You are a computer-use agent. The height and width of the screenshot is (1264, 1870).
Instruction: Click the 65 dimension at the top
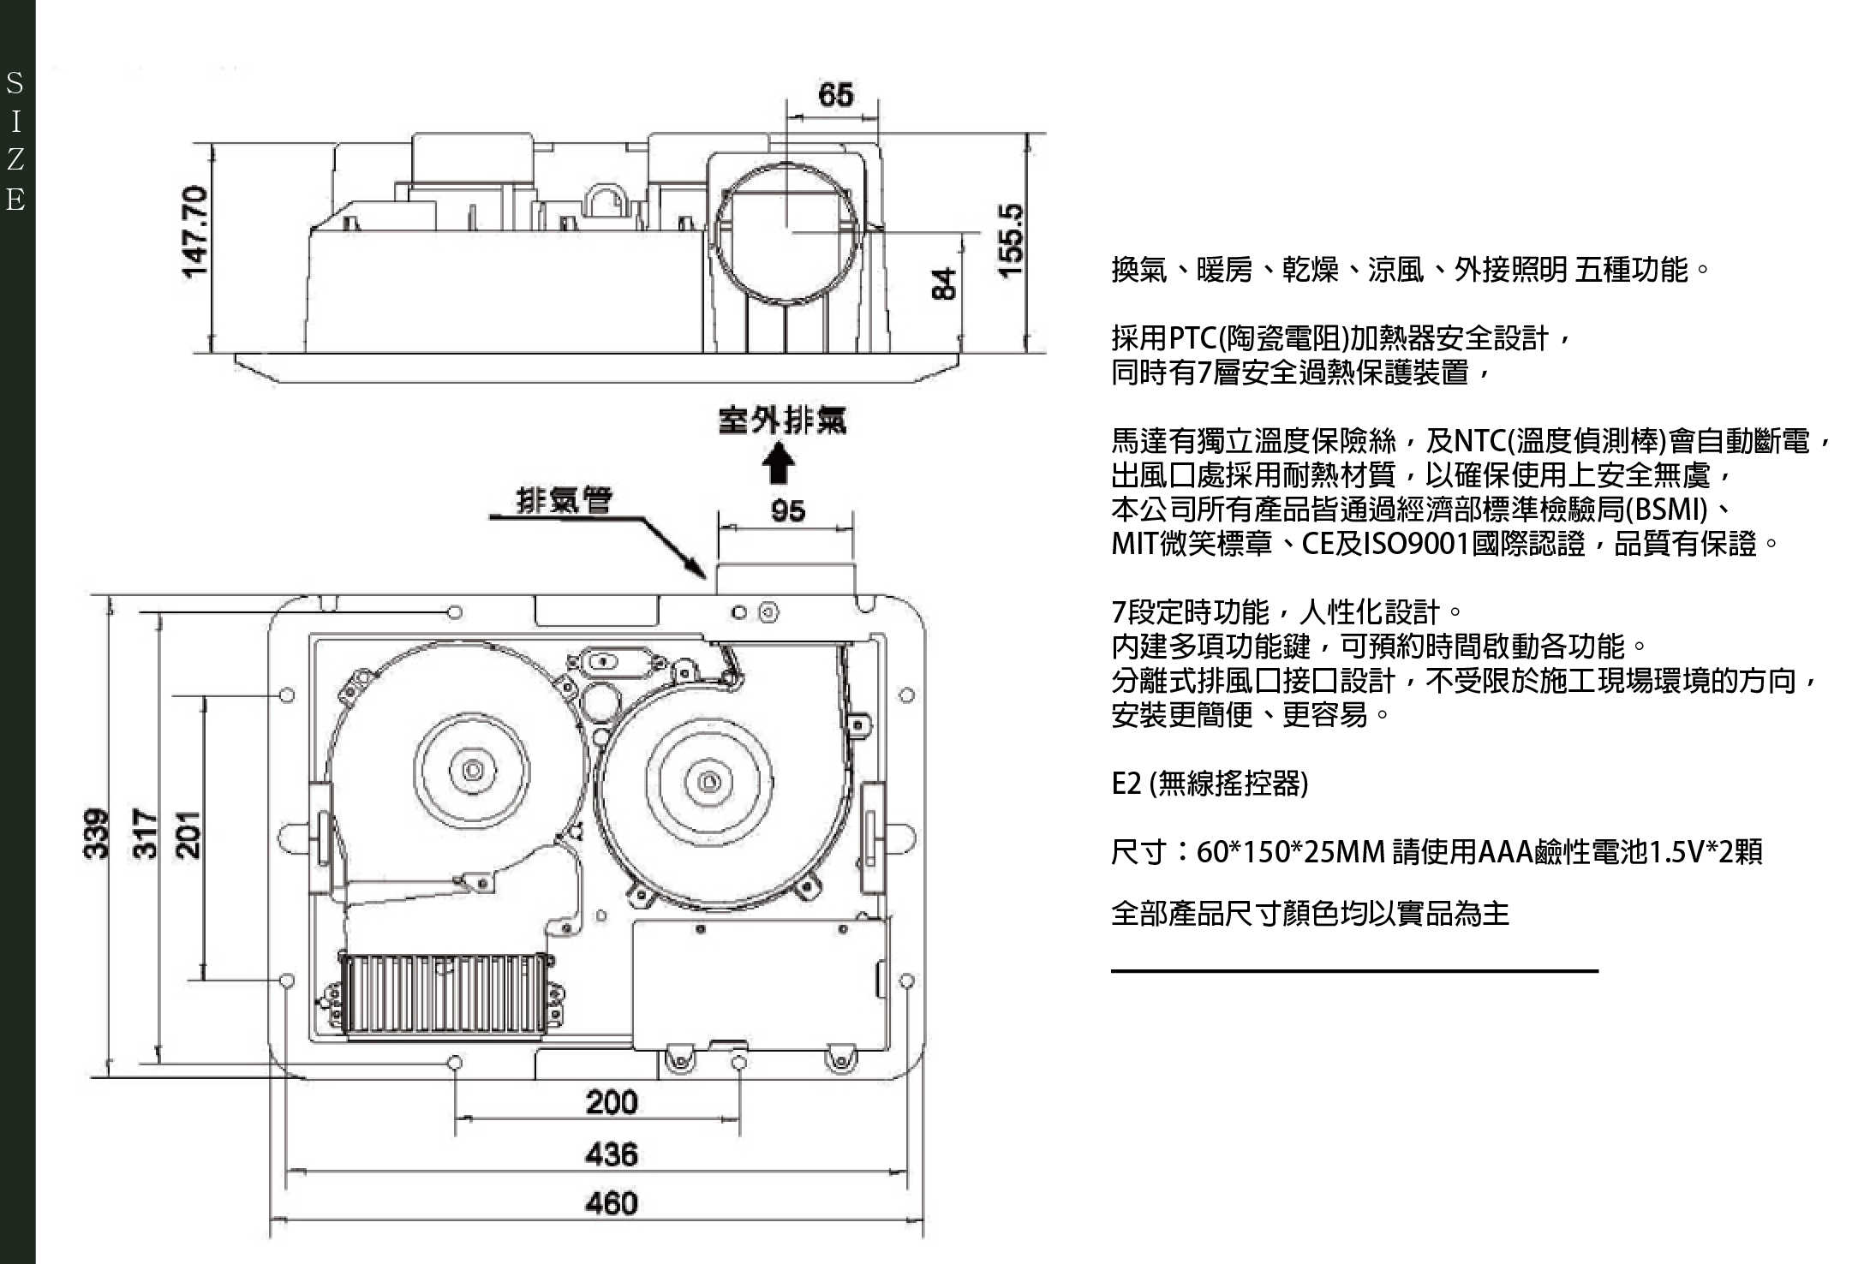coord(835,94)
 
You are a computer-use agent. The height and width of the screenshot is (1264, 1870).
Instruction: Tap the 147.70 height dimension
coord(196,231)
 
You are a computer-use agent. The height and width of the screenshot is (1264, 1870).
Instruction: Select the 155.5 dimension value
coord(1012,241)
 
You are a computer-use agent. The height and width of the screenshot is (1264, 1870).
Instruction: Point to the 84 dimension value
coord(943,283)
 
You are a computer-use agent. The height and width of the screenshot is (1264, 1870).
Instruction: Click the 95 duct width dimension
coord(787,511)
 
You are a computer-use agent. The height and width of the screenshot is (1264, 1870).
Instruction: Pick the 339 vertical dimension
coord(97,833)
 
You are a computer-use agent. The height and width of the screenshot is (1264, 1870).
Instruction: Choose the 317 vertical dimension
coord(146,833)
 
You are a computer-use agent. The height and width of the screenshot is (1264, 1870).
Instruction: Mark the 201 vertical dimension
coord(188,833)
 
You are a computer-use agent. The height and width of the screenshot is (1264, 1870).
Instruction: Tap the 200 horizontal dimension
coord(612,1101)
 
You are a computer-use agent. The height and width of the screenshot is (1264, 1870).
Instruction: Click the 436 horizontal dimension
coord(612,1154)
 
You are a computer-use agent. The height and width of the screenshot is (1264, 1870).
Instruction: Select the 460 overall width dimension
coord(612,1203)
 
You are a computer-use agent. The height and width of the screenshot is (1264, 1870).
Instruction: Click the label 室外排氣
coord(781,420)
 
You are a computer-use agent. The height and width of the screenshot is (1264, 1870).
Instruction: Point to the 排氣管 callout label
coord(565,499)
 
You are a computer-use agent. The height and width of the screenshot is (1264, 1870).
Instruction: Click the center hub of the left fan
coord(472,769)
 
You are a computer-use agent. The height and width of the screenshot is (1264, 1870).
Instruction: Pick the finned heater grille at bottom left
coord(444,994)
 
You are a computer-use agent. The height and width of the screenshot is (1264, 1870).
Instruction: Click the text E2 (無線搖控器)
coord(1210,783)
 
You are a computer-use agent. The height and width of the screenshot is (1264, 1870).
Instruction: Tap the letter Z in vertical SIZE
coord(15,160)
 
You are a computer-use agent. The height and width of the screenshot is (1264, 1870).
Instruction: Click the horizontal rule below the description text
coord(1354,971)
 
